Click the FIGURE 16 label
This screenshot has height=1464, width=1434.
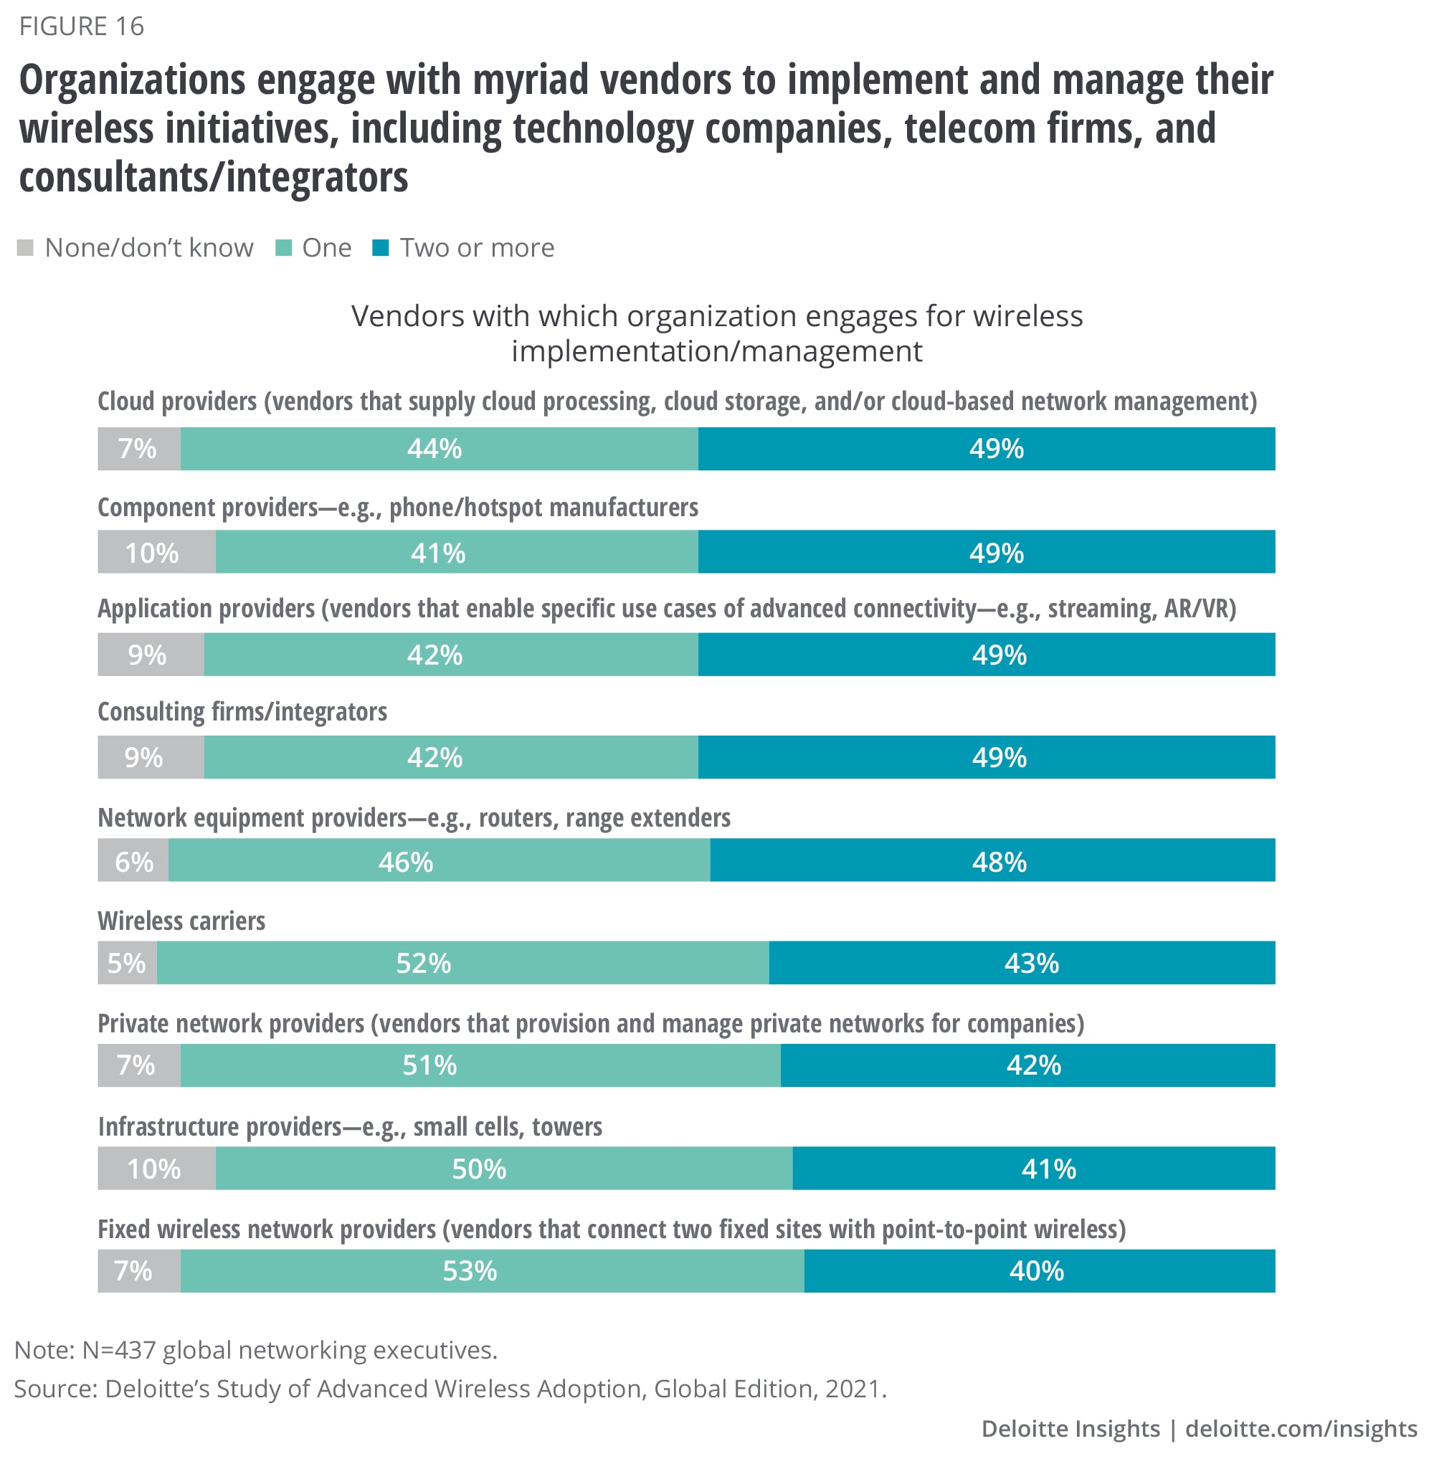81,27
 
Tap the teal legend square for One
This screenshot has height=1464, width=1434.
284,248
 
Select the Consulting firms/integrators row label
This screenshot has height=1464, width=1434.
242,712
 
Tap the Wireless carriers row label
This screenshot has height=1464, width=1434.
181,921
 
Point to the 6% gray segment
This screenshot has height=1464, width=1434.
133,860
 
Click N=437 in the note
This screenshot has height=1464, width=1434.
118,1350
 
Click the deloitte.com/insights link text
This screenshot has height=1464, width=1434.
1301,1429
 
